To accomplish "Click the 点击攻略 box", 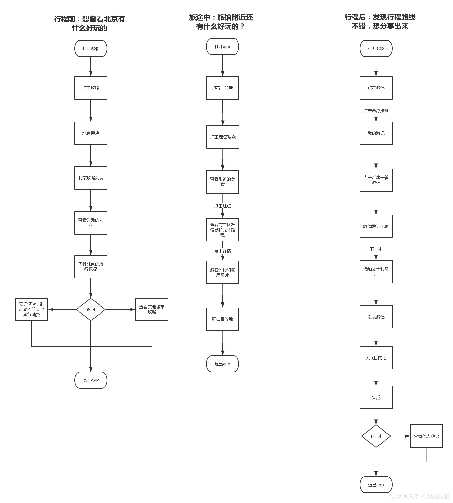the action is (x=90, y=88).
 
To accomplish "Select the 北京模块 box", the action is (x=90, y=133).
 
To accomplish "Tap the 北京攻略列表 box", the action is (x=90, y=178).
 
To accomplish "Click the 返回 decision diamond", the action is (x=90, y=309).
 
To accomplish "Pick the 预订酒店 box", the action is (x=32, y=309).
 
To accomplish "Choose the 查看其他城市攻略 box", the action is (x=152, y=309).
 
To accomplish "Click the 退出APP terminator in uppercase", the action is (x=90, y=380).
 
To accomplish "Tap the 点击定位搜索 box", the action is (x=223, y=137).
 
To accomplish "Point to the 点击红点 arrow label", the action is (x=223, y=206).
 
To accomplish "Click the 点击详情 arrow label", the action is (x=223, y=251).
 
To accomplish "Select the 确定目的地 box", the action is (x=223, y=319).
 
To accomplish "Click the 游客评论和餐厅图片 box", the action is (x=223, y=272).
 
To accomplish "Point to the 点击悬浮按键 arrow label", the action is (x=376, y=110).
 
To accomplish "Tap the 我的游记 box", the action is (x=376, y=133).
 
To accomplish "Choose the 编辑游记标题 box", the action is (x=376, y=226).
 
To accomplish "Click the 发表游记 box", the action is (x=376, y=317).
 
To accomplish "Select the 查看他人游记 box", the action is (x=426, y=436).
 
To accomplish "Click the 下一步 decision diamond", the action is (x=376, y=436).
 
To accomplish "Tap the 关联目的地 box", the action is (x=376, y=358).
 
